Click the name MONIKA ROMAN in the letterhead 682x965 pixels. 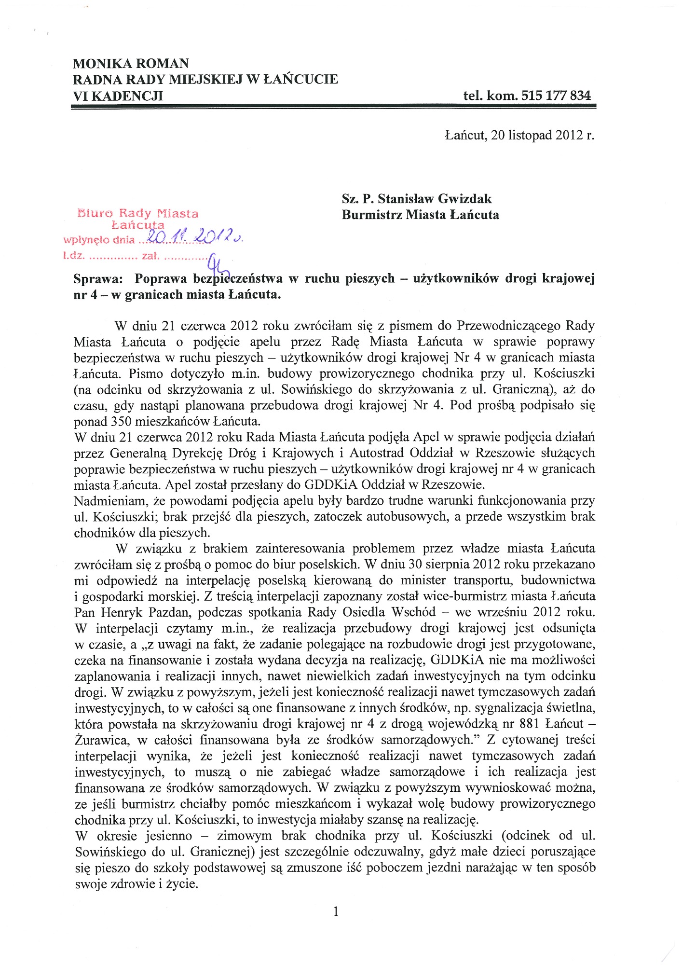[x=131, y=64]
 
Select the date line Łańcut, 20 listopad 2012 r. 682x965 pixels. [x=519, y=136]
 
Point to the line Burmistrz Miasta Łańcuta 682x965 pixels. [x=420, y=215]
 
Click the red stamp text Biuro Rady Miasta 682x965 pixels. [x=137, y=213]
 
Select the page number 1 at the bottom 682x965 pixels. [x=336, y=911]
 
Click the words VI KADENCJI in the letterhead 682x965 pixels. [x=118, y=96]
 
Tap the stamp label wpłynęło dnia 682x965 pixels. [x=99, y=240]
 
